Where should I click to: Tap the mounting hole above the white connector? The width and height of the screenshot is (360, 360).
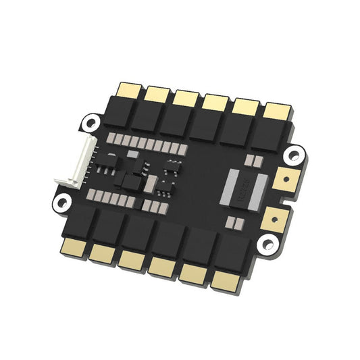[x=89, y=122]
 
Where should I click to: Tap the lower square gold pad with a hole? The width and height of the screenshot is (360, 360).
[x=274, y=216]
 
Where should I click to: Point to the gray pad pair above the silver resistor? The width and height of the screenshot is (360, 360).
[x=255, y=161]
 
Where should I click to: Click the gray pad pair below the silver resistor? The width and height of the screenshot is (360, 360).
[x=234, y=222]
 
